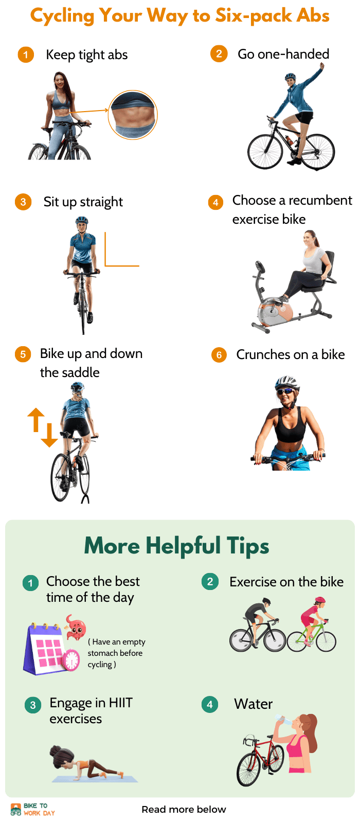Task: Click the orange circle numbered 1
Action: click(26, 55)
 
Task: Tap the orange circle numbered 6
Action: click(219, 355)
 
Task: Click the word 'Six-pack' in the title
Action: click(254, 16)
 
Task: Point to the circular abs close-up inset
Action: click(133, 115)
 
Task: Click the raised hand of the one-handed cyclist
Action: click(322, 66)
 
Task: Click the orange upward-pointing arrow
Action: click(36, 419)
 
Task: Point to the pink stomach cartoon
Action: click(76, 628)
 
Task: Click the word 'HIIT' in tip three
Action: click(121, 703)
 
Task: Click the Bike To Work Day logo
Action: click(33, 809)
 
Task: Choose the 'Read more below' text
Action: click(184, 809)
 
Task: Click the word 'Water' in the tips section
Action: click(254, 704)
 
